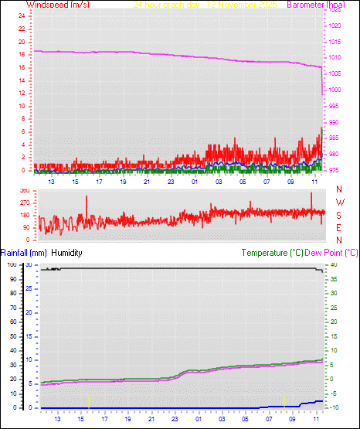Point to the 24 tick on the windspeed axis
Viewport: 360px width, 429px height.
click(22, 15)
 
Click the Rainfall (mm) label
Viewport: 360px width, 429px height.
click(24, 253)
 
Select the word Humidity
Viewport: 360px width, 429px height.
click(67, 253)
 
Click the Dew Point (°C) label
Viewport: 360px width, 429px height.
click(331, 253)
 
